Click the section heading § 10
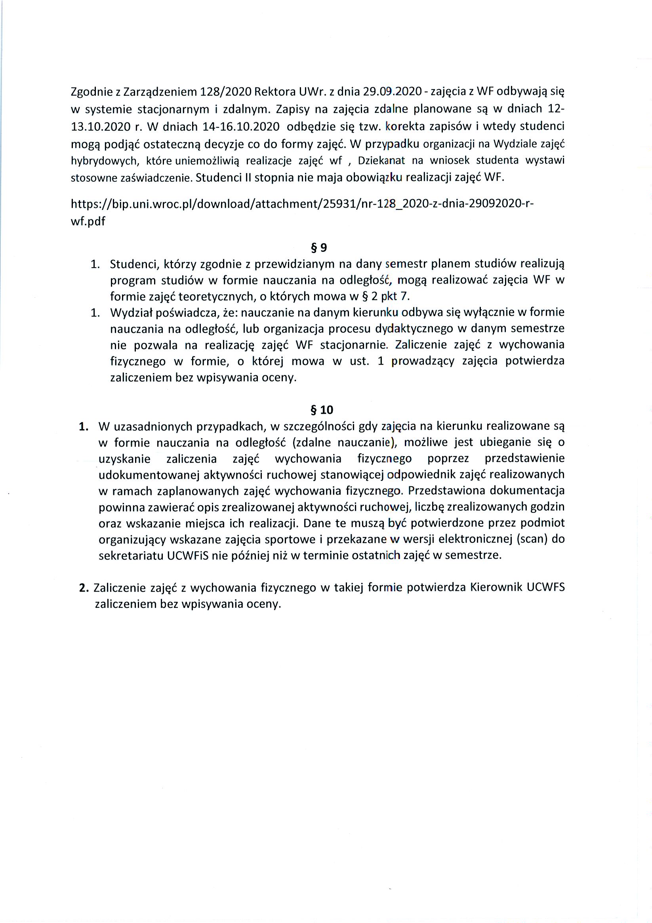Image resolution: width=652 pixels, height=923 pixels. coord(322,410)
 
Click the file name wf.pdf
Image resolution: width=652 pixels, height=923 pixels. coord(88,221)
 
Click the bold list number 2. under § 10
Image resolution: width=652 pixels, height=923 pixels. coord(84,588)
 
